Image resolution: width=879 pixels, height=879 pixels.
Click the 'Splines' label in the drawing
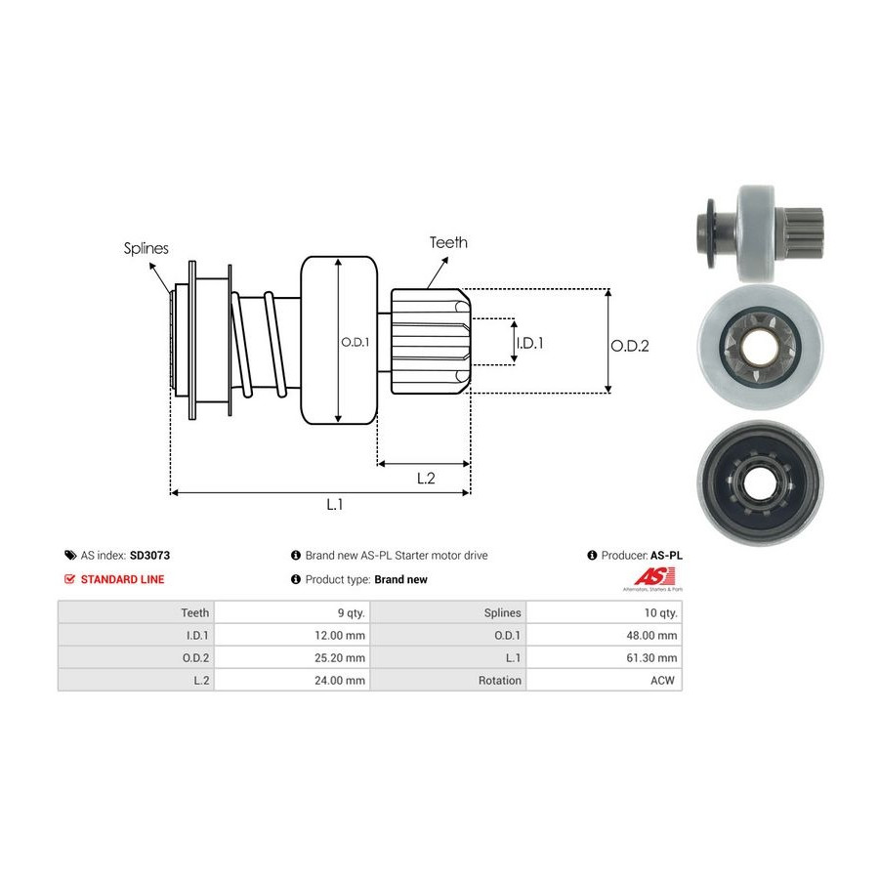[146, 248]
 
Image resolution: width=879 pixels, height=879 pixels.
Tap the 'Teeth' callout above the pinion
[448, 242]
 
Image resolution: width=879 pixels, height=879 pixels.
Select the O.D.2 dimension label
[630, 345]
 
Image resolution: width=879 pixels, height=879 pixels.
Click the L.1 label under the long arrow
[334, 504]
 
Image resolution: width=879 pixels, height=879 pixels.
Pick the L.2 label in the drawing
[426, 478]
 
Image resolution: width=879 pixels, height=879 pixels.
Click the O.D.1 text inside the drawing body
[354, 342]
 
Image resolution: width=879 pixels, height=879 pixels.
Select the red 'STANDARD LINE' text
[122, 579]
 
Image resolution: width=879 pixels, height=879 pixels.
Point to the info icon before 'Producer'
[592, 555]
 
